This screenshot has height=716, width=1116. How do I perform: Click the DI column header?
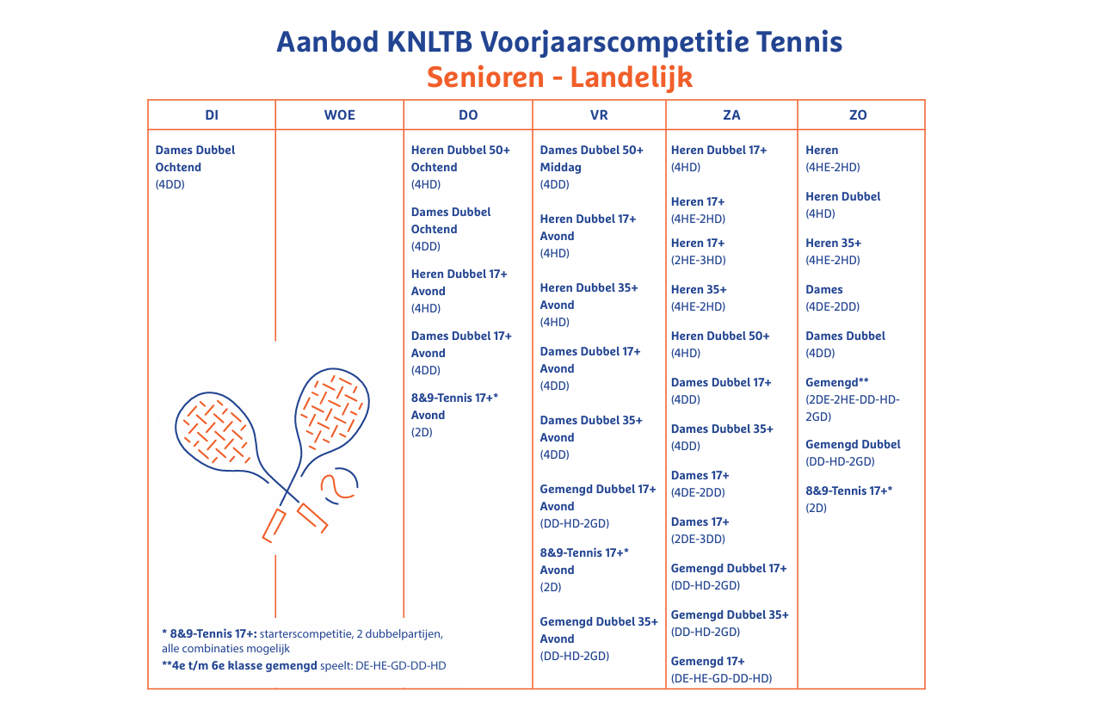tap(212, 115)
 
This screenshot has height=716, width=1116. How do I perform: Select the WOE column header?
tap(339, 115)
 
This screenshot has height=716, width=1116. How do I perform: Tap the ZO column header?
tap(858, 115)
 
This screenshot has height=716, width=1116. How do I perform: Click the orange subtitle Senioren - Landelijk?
tap(559, 77)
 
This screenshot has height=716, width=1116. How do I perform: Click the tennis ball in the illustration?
tap(339, 485)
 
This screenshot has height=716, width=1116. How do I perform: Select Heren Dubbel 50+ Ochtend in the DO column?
tap(460, 158)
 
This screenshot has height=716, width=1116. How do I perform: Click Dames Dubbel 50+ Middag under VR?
tap(591, 158)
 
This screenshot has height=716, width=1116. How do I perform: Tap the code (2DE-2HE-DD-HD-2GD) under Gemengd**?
tap(853, 408)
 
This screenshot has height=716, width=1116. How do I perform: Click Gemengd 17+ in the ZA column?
tap(708, 661)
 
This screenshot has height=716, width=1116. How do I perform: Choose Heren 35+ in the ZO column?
tap(833, 243)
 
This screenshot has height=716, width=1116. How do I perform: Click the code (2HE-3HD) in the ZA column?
tap(698, 260)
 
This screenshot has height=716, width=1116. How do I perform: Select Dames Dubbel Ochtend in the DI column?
tap(194, 158)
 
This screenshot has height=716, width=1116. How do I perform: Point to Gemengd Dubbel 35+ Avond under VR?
tap(598, 630)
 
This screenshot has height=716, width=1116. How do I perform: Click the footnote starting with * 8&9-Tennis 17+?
tap(301, 641)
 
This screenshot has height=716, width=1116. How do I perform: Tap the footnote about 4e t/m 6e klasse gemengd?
tap(303, 665)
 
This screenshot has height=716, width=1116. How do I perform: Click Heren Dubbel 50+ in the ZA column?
tap(720, 336)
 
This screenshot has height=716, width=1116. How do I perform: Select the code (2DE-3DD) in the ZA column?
tap(698, 539)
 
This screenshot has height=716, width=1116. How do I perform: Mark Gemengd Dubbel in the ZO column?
tap(853, 444)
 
